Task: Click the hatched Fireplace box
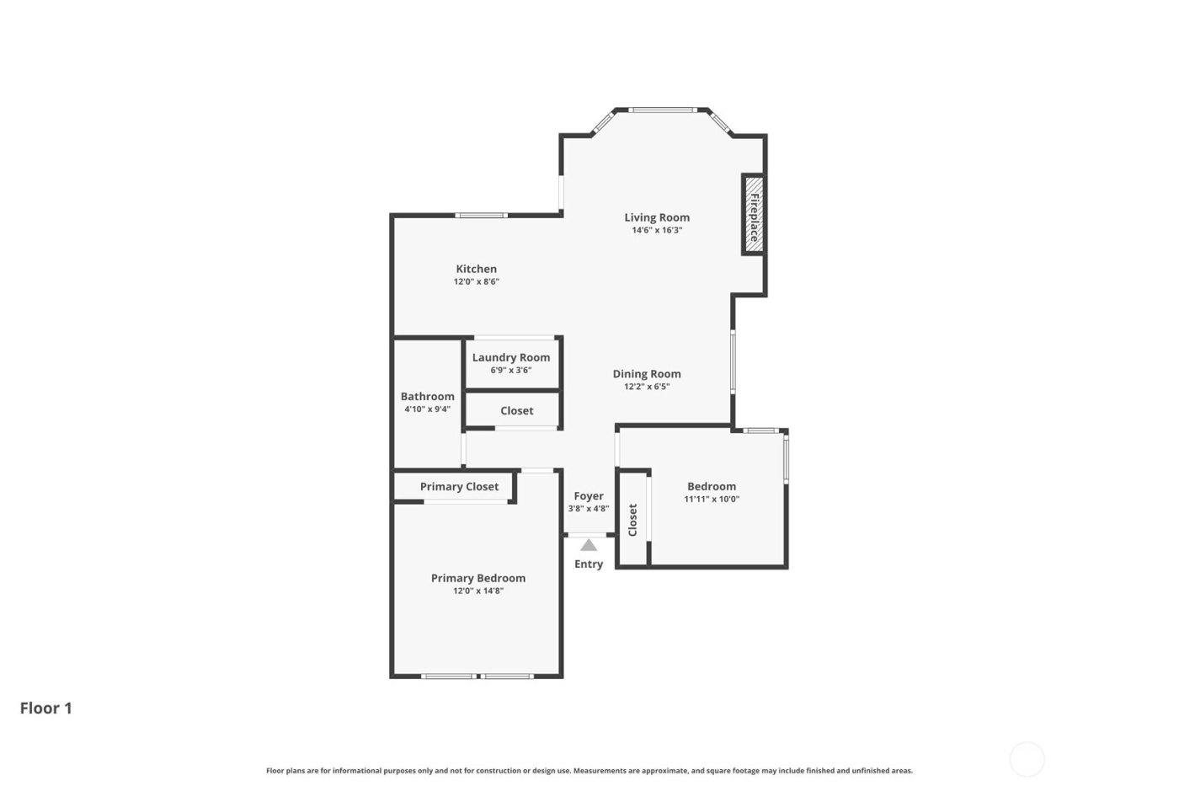[753, 214]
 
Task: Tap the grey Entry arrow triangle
[589, 545]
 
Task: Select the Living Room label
[657, 217]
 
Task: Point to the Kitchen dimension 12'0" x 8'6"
[477, 282]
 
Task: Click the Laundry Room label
[511, 357]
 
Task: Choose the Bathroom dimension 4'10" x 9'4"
[428, 409]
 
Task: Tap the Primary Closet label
[459, 486]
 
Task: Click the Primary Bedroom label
[478, 578]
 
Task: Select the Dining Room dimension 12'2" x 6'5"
[647, 388]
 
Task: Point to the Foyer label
[589, 496]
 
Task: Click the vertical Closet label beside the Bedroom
[632, 520]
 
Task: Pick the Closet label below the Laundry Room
[517, 410]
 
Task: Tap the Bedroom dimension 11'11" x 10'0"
[712, 499]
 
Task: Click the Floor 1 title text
[46, 708]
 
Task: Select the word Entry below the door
[589, 564]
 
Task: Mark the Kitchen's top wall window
[482, 216]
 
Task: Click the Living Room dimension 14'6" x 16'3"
[657, 230]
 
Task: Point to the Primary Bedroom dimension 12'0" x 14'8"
[478, 591]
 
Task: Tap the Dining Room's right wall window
[733, 361]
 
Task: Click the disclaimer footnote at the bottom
[589, 770]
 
